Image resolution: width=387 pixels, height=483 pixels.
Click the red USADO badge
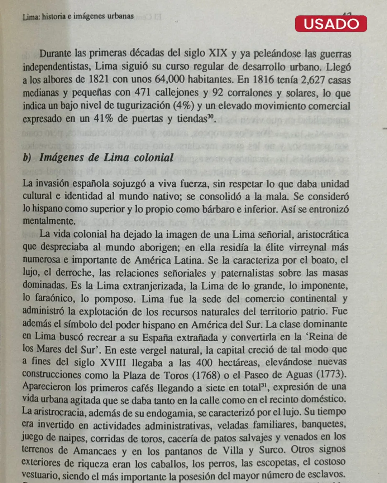pyautogui.click(x=331, y=24)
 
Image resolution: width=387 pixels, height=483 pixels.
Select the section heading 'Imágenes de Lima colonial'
pyautogui.click(x=106, y=157)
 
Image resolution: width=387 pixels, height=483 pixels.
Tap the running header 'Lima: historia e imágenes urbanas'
pyautogui.click(x=78, y=16)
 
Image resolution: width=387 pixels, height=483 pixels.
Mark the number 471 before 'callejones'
pyautogui.click(x=142, y=92)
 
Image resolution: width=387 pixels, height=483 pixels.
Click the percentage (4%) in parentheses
pyautogui.click(x=183, y=106)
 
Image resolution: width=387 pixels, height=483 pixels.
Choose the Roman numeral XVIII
pyautogui.click(x=113, y=362)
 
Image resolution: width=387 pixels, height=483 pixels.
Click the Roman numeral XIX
pyautogui.click(x=218, y=53)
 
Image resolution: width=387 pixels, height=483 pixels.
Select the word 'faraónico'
pyautogui.click(x=55, y=298)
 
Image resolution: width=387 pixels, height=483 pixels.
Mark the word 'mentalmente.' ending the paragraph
pyautogui.click(x=49, y=221)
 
